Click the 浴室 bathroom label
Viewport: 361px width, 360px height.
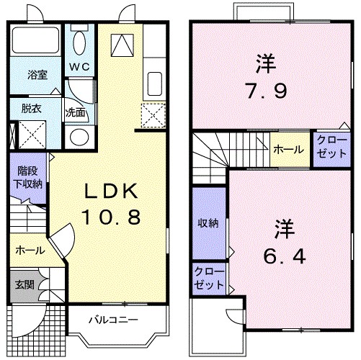coord(37,75)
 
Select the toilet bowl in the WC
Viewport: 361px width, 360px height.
coord(79,43)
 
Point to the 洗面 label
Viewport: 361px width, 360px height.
coord(75,113)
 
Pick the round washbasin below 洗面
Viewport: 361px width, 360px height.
coord(78,136)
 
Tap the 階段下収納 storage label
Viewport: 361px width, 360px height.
coord(30,177)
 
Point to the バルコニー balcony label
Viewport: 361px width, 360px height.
coord(112,318)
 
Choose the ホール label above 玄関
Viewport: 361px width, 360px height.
coord(30,251)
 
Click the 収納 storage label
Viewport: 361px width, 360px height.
coord(208,223)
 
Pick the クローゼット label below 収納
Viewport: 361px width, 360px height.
coord(208,277)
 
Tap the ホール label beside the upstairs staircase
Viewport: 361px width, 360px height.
coord(288,149)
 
